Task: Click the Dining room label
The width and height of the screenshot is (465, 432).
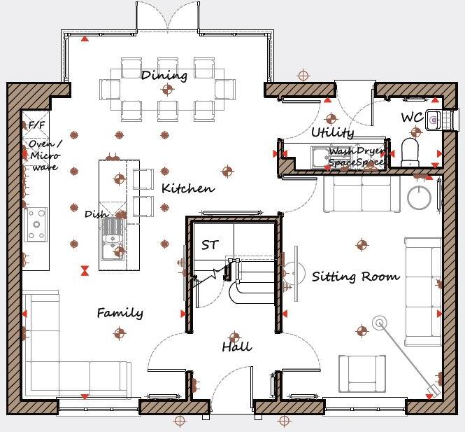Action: pyautogui.click(x=164, y=75)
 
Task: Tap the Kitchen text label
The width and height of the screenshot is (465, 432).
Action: pyautogui.click(x=187, y=189)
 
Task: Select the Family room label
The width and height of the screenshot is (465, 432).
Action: pyautogui.click(x=120, y=313)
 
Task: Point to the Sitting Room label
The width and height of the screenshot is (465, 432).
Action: pyautogui.click(x=355, y=277)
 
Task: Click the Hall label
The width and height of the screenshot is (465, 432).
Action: pyautogui.click(x=236, y=347)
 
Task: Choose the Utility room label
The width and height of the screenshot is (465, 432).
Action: pyautogui.click(x=332, y=132)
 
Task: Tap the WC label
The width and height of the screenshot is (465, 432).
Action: pyautogui.click(x=411, y=118)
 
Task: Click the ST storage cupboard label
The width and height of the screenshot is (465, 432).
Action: pyautogui.click(x=210, y=245)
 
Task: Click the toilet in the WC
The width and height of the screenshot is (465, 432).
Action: pyautogui.click(x=410, y=151)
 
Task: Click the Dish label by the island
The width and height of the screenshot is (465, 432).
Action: pyautogui.click(x=95, y=214)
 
